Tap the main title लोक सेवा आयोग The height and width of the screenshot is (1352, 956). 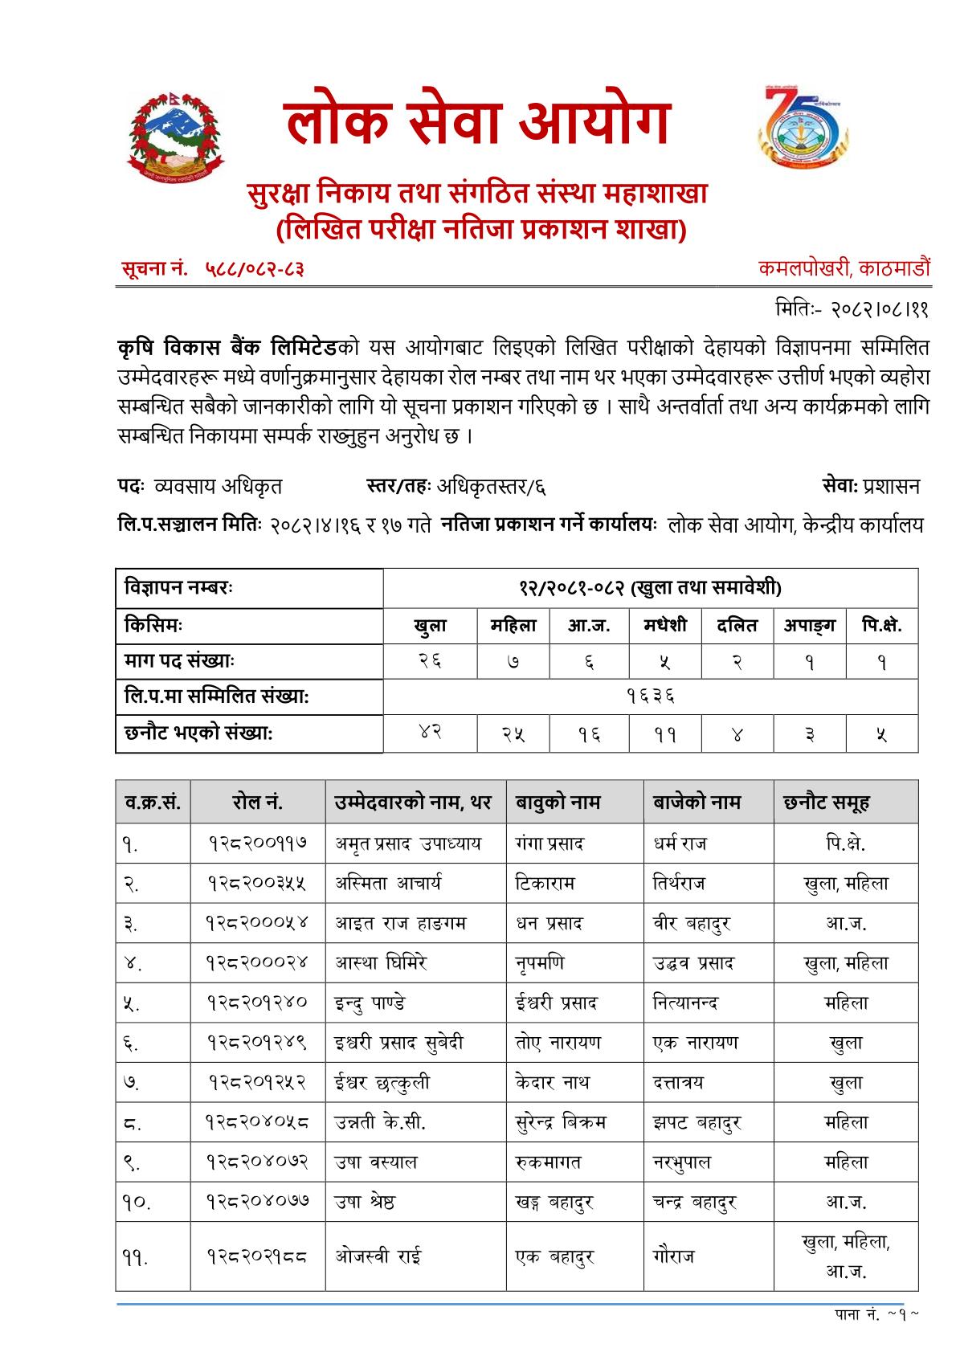coord(477,124)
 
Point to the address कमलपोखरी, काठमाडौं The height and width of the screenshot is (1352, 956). coord(844,268)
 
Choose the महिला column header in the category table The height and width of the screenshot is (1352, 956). coord(513,626)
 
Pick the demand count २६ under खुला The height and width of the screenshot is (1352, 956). coord(430,661)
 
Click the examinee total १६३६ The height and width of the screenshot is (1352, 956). coord(650,696)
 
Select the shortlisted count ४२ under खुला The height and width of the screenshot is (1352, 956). coord(430,732)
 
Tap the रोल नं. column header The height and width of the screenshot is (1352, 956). coord(257,802)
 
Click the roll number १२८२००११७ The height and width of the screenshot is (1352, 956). coord(257,843)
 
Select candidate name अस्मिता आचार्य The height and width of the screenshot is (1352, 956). coord(388,884)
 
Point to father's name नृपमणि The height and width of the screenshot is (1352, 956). coord(540,963)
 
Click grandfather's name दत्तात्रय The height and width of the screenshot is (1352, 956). coord(679,1082)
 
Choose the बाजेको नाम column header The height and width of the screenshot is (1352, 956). coord(697,802)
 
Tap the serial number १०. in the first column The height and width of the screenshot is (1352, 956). coord(137,1203)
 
